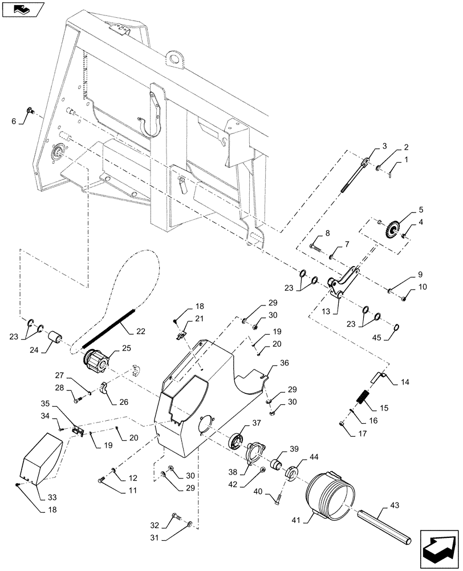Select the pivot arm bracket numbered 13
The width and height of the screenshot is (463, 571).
coord(343,283)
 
